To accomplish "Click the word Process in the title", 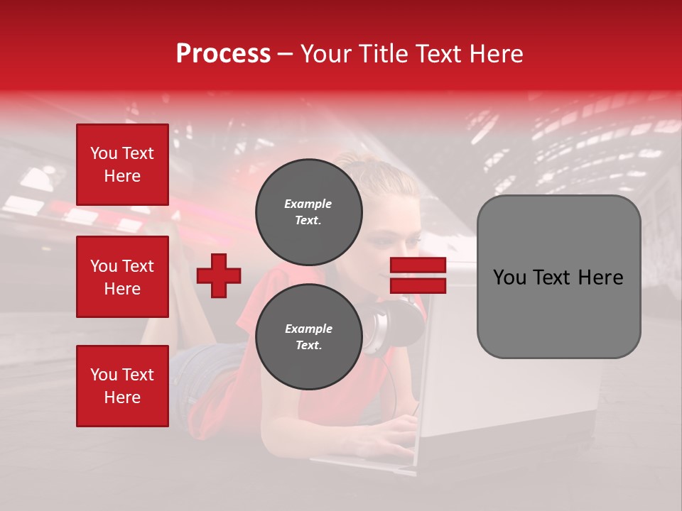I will (223, 54).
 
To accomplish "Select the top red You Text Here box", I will (122, 165).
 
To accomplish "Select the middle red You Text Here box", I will (122, 277).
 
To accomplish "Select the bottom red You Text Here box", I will (122, 386).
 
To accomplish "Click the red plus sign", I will (219, 275).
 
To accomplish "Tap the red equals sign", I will (418, 275).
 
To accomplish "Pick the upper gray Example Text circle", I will (308, 211).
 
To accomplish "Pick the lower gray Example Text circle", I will (308, 336).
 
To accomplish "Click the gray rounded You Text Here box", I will (558, 277).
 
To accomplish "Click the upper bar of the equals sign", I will (418, 265).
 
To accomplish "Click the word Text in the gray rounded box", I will (555, 278).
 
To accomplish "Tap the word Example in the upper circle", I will (308, 204).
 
